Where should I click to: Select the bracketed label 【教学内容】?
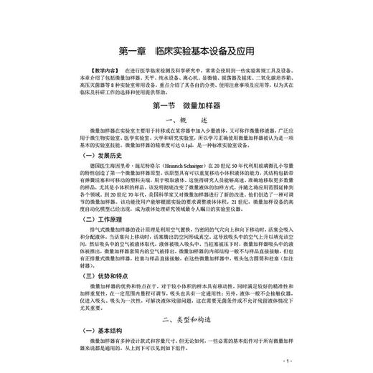pyautogui.click(x=52, y=72)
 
